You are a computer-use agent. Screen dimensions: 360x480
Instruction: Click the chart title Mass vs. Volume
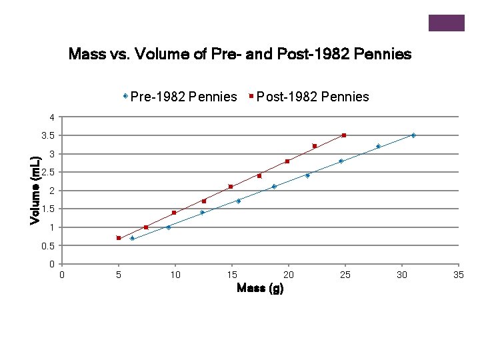[x=240, y=54]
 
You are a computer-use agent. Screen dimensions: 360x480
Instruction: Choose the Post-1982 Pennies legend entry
[x=309, y=97]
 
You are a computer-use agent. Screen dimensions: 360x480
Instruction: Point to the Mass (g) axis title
[x=260, y=288]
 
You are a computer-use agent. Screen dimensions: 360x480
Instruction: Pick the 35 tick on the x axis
[x=458, y=275]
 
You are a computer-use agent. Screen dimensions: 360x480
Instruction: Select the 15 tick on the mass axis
[x=231, y=275]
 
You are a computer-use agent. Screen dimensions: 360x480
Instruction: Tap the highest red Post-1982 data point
[x=344, y=135]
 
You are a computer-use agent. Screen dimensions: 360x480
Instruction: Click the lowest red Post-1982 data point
[x=119, y=238]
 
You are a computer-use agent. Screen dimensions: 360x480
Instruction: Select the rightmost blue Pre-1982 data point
[x=413, y=135]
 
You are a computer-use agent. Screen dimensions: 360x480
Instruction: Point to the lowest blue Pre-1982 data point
[x=132, y=238]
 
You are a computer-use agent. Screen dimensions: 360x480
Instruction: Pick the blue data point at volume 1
[x=168, y=227]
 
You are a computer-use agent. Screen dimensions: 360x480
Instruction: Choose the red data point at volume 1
[x=146, y=227]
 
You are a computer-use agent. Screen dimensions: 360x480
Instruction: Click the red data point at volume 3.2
[x=315, y=146]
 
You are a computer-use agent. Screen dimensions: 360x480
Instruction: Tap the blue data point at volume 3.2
[x=378, y=146]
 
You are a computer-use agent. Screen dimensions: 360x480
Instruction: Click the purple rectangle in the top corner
[x=446, y=23]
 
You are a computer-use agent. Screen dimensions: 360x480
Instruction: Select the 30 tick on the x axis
[x=401, y=275]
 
